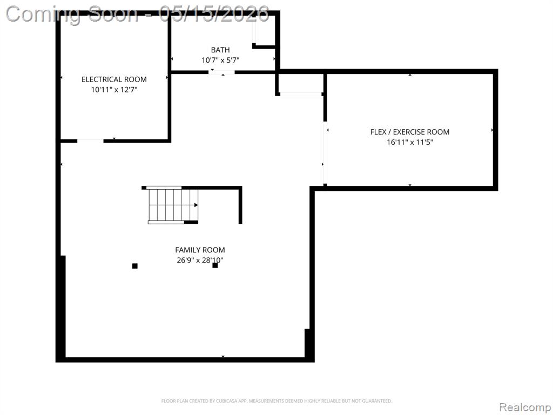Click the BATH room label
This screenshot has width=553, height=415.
pyautogui.click(x=220, y=50)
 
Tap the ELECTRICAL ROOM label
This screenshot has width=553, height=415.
pyautogui.click(x=114, y=79)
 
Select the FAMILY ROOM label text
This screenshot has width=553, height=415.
pyautogui.click(x=200, y=250)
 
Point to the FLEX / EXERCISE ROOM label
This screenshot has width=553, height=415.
pyautogui.click(x=410, y=132)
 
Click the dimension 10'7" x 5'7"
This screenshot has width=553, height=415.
pyautogui.click(x=220, y=61)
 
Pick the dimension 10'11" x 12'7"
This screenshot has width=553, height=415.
pyautogui.click(x=114, y=90)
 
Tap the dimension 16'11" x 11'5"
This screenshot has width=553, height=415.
pyautogui.click(x=410, y=143)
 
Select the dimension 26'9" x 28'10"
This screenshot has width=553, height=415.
pyautogui.click(x=200, y=260)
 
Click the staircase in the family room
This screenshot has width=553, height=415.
pyautogui.click(x=173, y=205)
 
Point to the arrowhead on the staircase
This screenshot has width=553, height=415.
pyautogui.click(x=196, y=205)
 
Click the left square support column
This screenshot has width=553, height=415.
pyautogui.click(x=134, y=266)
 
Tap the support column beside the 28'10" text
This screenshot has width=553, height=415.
pyautogui.click(x=215, y=265)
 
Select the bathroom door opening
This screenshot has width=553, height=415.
pyautogui.click(x=221, y=72)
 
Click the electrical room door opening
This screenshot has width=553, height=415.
pyautogui.click(x=90, y=141)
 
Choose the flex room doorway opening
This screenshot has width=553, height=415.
pyautogui.click(x=325, y=153)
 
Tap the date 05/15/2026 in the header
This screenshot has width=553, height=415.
pyautogui.click(x=214, y=15)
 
